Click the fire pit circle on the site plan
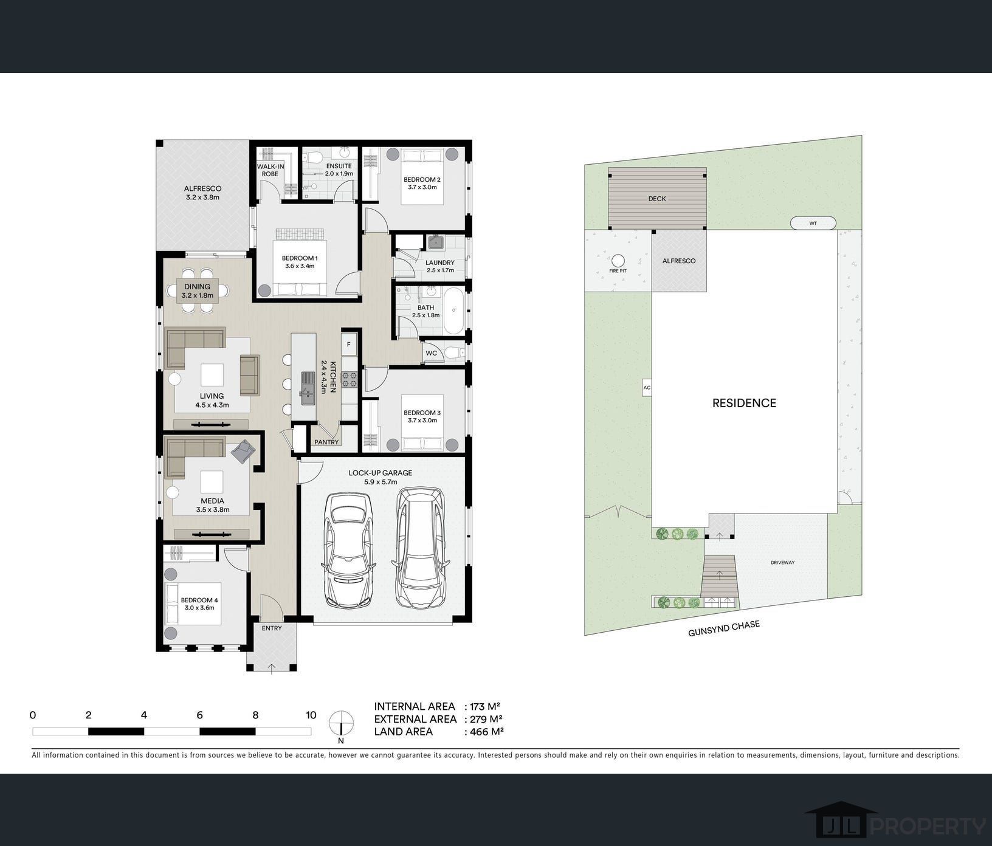(x=618, y=260)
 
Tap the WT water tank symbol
(x=813, y=223)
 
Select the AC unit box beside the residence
(x=647, y=388)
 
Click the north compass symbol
(x=341, y=723)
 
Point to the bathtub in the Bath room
(x=453, y=311)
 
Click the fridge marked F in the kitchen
(x=348, y=345)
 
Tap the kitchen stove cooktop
(x=349, y=379)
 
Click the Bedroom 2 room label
(x=422, y=183)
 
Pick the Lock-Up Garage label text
(x=381, y=476)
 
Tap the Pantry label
(x=326, y=442)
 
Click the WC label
(x=432, y=353)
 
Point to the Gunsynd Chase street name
(x=724, y=628)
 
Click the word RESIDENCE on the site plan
(x=744, y=403)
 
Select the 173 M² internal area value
(x=484, y=706)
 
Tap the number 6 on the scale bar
(x=199, y=715)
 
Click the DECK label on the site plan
(x=657, y=199)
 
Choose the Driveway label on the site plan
(x=783, y=563)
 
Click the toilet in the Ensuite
(x=312, y=158)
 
